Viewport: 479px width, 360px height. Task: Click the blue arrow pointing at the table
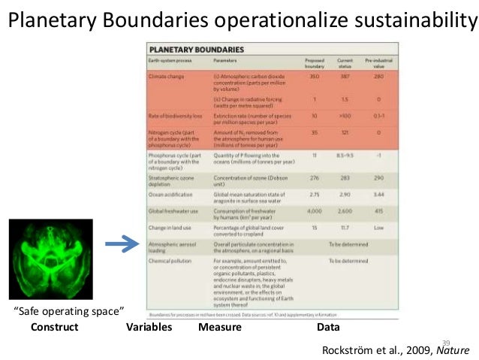click(x=121, y=244)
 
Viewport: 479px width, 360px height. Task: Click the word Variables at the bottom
click(x=149, y=328)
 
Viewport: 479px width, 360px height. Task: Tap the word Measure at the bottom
click(x=219, y=328)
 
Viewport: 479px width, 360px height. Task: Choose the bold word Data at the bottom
click(x=329, y=328)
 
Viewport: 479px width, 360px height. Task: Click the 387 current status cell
click(x=346, y=77)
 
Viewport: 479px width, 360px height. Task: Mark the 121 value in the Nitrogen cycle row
click(x=346, y=132)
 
